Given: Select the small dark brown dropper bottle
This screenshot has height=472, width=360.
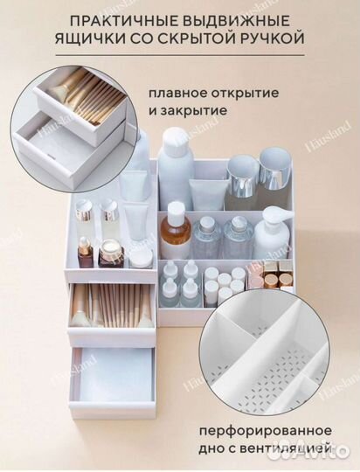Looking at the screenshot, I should pos(84,253).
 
